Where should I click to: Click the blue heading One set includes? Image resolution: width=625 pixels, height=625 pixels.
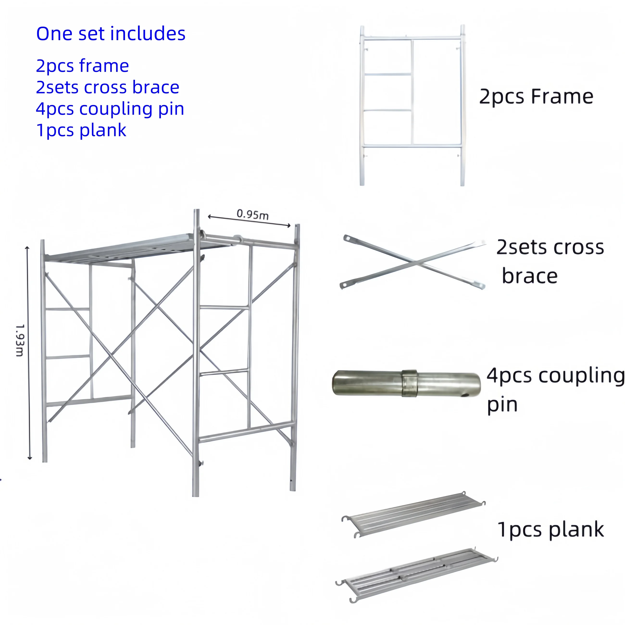pos(111,34)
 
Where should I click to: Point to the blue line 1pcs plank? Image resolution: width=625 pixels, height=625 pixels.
pos(81,130)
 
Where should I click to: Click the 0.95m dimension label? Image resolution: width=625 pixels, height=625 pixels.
pos(252,214)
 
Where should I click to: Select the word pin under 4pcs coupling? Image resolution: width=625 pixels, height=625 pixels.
pos(502,405)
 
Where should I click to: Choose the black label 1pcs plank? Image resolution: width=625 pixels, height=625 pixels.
pos(550,530)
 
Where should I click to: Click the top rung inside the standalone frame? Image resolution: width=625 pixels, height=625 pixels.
pos(387,75)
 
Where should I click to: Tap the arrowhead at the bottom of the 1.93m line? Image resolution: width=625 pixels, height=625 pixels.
pos(30,458)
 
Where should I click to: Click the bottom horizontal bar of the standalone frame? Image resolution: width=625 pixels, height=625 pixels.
pos(412,146)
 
